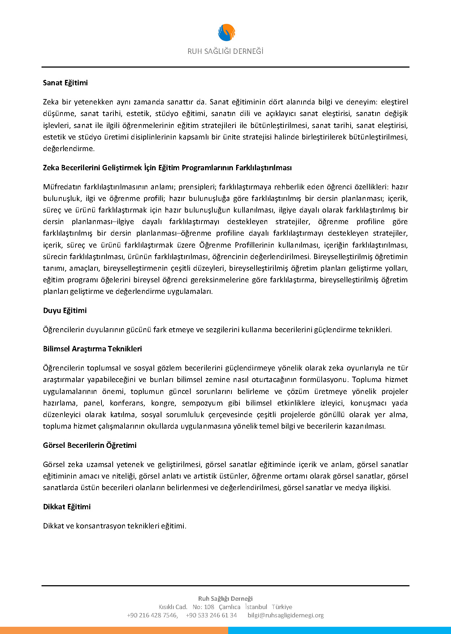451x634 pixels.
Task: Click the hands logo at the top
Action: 226,33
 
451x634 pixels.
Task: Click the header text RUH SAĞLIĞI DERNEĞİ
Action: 225,51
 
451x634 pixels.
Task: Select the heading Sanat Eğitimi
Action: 65,83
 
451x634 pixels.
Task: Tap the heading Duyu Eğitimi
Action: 65,310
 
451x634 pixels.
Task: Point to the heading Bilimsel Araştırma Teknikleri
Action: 92,349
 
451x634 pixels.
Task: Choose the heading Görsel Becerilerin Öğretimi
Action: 90,445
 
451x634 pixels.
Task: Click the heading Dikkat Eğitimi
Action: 67,507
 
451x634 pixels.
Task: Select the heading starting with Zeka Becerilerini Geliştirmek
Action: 167,168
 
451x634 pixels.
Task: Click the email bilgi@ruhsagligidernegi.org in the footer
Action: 286,615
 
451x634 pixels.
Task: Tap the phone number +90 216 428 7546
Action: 152,615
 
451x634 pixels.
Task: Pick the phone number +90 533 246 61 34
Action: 211,615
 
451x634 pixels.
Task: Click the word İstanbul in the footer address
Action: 256,607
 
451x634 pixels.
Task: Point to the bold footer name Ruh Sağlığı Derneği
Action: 225,599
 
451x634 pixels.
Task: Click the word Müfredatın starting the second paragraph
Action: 62,187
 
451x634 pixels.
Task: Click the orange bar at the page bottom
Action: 114,630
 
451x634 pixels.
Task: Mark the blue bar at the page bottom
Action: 339,630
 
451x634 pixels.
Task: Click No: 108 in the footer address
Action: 203,607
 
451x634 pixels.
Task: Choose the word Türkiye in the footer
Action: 282,607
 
